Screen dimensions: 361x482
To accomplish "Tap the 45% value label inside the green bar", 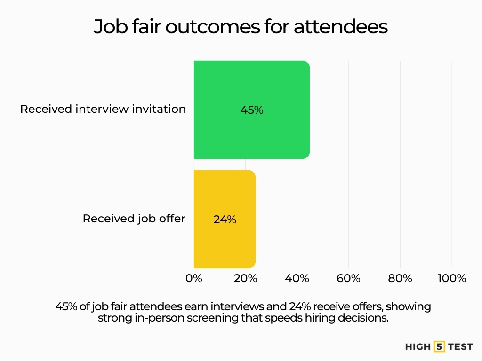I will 252,110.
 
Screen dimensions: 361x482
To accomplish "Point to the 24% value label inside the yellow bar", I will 225,219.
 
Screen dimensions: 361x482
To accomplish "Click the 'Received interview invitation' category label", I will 103,109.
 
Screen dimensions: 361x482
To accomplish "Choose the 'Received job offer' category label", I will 134,219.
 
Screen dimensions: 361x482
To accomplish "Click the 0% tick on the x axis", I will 194,278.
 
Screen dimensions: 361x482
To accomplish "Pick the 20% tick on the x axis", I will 245,278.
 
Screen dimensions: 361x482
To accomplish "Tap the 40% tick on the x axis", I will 297,278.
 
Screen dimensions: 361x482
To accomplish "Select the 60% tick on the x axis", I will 348,278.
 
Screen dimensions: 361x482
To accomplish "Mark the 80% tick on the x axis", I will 400,278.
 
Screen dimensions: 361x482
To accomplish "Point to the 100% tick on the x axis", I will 451,278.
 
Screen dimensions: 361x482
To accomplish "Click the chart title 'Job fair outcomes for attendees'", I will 241,27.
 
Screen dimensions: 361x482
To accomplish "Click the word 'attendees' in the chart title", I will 341,27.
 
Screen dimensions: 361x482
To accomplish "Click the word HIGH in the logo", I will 418,347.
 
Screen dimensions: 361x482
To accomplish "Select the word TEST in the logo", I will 460,347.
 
